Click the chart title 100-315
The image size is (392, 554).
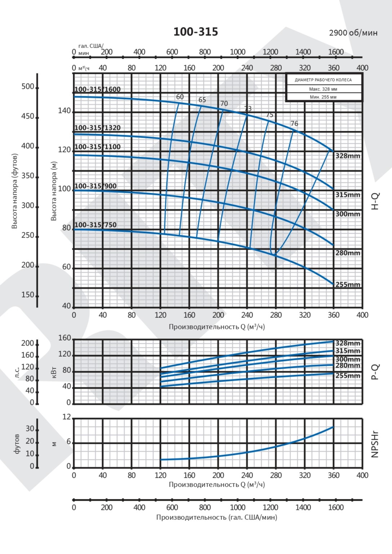pyautogui.click(x=196, y=32)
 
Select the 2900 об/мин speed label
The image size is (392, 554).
pyautogui.click(x=353, y=33)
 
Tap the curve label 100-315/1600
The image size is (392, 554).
pyautogui.click(x=97, y=89)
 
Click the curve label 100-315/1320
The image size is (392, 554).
pyautogui.click(x=97, y=128)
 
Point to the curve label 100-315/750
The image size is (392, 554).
pyautogui.click(x=95, y=225)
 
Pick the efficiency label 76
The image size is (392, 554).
pyautogui.click(x=294, y=124)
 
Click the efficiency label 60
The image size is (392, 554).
pyautogui.click(x=180, y=97)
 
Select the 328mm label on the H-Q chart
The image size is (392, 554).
pyautogui.click(x=348, y=156)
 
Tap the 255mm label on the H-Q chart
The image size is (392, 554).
pyautogui.click(x=348, y=285)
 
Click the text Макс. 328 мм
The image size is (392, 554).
pyautogui.click(x=323, y=89)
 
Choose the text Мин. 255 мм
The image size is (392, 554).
pyautogui.click(x=323, y=97)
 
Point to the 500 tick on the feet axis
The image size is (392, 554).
pyautogui.click(x=28, y=86)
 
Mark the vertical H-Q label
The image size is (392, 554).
pyautogui.click(x=375, y=201)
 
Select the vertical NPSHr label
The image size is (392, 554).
pyautogui.click(x=375, y=444)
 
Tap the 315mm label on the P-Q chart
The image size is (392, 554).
pyautogui.click(x=348, y=351)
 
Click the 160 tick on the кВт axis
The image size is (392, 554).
pyautogui.click(x=64, y=338)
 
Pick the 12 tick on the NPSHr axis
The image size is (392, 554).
pyautogui.click(x=67, y=417)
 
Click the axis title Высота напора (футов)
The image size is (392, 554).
pyautogui.click(x=15, y=191)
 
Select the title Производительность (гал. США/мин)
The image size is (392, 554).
pyautogui.click(x=217, y=517)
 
